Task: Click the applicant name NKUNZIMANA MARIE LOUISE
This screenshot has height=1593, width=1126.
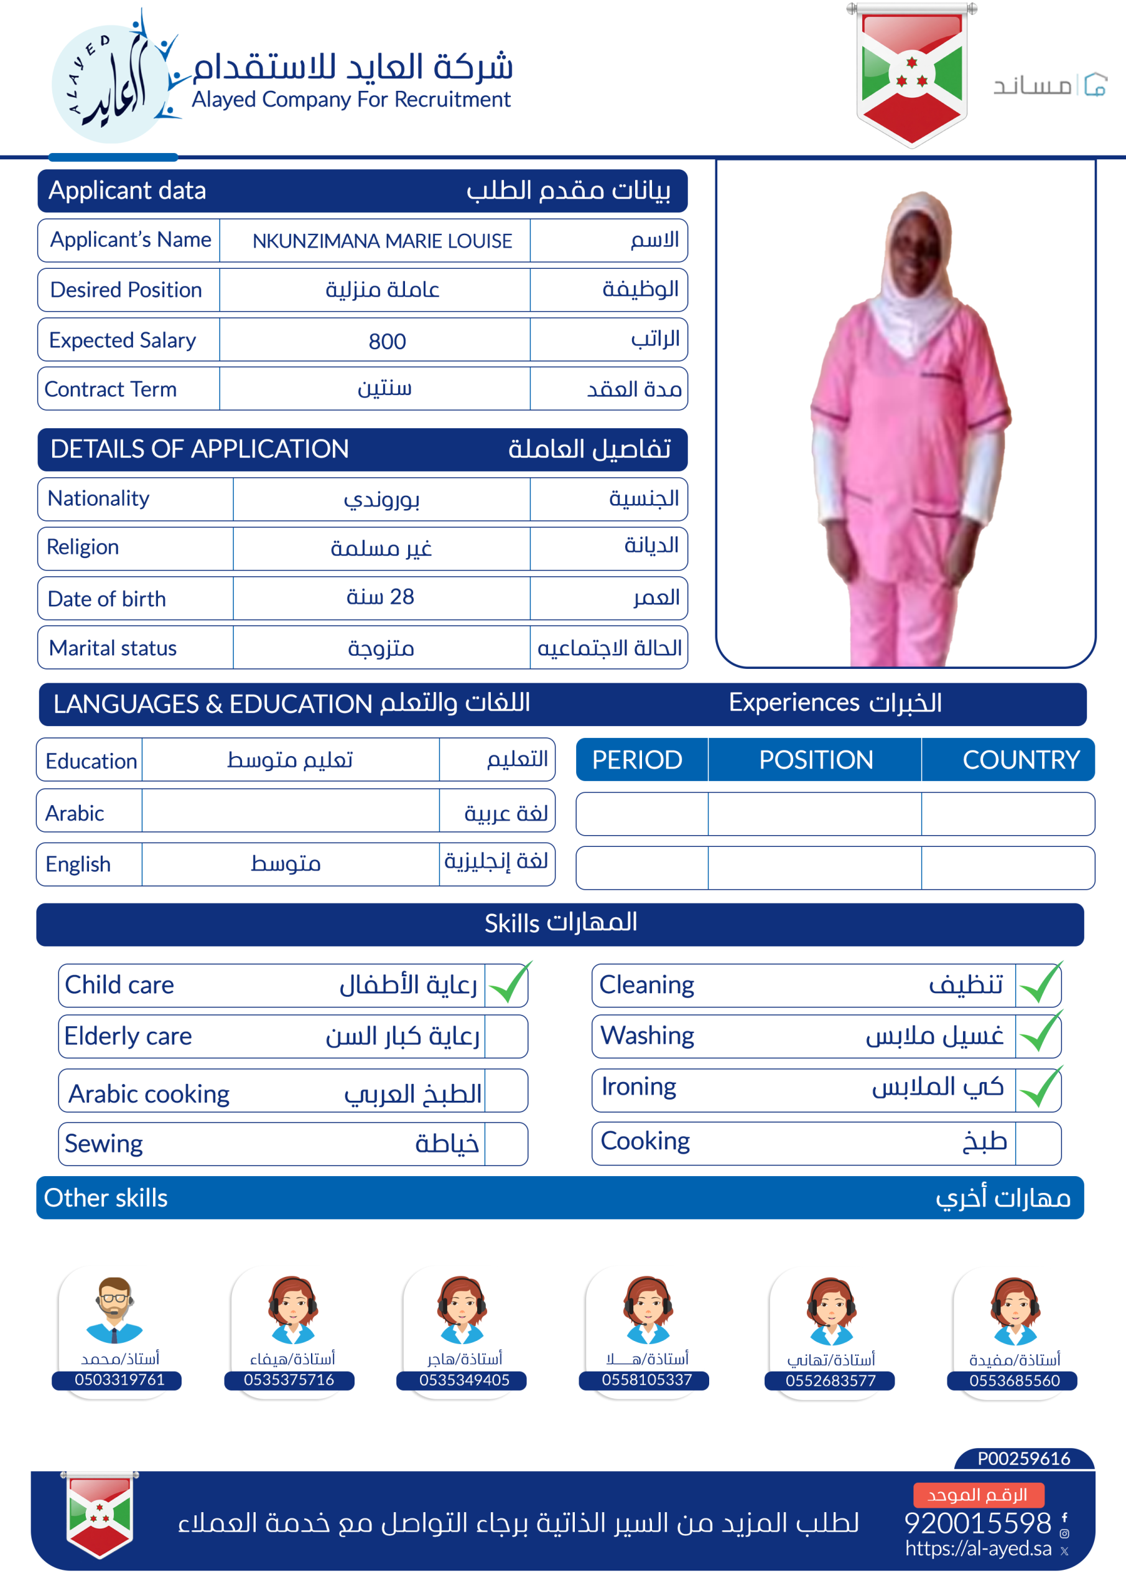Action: click(381, 241)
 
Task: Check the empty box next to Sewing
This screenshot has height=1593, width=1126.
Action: click(506, 1143)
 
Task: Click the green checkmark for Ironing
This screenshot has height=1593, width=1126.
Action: click(1038, 1088)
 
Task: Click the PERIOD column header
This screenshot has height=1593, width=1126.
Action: click(637, 760)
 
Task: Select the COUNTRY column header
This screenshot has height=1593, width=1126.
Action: click(1020, 760)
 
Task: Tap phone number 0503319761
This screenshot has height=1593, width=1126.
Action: click(119, 1380)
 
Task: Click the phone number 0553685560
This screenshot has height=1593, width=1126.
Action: click(1013, 1380)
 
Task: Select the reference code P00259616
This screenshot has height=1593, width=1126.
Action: click(1023, 1459)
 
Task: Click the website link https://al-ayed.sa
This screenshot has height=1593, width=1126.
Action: click(977, 1548)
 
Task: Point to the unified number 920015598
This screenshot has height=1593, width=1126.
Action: click(977, 1523)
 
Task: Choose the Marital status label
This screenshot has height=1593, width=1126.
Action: click(113, 648)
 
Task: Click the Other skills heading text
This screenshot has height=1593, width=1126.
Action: click(106, 1197)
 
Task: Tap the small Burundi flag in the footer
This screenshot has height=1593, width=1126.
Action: click(100, 1515)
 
